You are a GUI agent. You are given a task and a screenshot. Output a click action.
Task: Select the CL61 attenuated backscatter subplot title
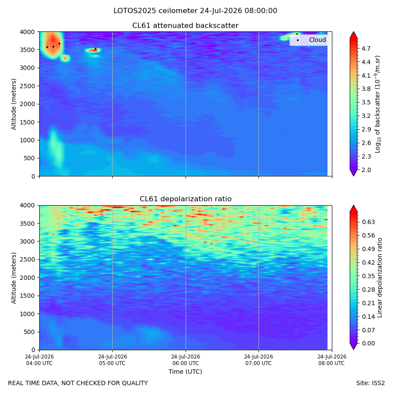185,26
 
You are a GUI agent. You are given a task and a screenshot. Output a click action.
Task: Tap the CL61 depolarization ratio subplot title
186,199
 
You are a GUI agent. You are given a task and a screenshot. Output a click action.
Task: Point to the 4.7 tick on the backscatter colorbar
366,48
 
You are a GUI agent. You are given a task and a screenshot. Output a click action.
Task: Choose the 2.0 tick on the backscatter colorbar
366,170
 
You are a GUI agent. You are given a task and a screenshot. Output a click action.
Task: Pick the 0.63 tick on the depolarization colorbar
368,222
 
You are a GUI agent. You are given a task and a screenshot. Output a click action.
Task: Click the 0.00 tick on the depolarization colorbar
368,343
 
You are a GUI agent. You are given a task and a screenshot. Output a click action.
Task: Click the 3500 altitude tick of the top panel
28,50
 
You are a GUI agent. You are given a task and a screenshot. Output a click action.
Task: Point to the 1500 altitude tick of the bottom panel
28,296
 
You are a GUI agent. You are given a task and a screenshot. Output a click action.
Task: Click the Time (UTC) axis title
185,372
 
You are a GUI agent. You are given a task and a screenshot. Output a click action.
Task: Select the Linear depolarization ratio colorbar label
380,278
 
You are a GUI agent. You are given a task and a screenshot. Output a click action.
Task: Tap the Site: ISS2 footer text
370,383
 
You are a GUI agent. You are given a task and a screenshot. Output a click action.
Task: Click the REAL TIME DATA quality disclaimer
78,383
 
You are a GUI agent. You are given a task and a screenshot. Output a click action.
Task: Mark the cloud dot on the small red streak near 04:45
96,48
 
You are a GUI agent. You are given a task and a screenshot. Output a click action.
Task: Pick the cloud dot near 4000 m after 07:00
297,34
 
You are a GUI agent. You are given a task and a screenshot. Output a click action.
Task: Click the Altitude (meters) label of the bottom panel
14,278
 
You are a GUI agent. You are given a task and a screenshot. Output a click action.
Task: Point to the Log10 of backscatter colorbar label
378,104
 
